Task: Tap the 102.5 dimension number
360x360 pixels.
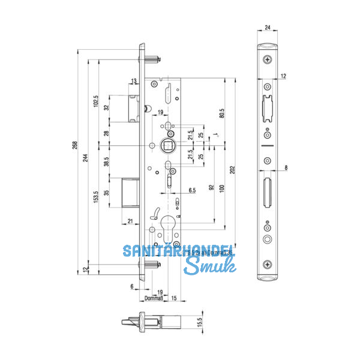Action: [96, 100]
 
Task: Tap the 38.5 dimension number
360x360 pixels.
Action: [107, 161]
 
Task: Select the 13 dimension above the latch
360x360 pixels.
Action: [133, 81]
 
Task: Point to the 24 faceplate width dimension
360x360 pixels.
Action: [267, 27]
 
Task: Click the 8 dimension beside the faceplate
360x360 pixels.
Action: [287, 168]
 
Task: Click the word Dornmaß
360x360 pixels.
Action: [153, 298]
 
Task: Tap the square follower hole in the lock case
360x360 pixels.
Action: [169, 144]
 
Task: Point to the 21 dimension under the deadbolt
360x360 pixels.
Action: [131, 221]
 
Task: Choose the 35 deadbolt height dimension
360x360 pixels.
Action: [107, 193]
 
